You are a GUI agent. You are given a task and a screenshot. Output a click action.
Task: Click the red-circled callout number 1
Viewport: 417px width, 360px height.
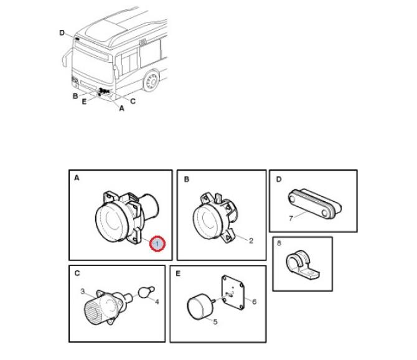tap(157, 244)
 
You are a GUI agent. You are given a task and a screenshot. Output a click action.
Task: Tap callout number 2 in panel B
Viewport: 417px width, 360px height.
tap(251, 241)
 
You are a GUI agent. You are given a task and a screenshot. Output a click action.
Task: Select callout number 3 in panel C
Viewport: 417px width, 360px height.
tap(83, 291)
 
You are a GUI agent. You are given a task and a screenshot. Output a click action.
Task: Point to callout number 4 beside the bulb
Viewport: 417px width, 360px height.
tap(157, 301)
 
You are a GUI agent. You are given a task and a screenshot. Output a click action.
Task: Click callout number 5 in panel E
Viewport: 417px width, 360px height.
tap(215, 321)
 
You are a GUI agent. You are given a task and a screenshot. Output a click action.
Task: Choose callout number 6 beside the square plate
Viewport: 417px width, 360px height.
tap(254, 301)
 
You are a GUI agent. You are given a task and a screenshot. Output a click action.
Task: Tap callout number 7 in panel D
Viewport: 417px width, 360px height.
tap(291, 219)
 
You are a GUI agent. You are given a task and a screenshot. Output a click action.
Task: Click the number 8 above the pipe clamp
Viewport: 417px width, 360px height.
tap(279, 243)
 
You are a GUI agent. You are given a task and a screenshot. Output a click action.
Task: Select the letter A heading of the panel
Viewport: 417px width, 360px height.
tap(77, 178)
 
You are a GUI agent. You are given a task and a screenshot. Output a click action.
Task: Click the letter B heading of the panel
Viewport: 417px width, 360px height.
tap(187, 179)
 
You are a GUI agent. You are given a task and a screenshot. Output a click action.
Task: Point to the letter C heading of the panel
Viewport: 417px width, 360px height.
tap(77, 273)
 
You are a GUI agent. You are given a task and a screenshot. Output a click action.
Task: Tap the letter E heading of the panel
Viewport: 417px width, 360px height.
tap(178, 273)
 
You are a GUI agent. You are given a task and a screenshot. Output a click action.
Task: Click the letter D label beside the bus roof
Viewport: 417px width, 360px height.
tap(62, 33)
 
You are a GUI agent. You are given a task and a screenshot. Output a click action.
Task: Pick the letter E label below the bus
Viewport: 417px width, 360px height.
tap(84, 102)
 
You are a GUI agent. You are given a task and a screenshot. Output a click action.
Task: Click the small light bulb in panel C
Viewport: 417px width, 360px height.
tap(146, 291)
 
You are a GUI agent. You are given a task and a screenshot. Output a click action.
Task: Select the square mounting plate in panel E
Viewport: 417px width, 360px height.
tap(233, 293)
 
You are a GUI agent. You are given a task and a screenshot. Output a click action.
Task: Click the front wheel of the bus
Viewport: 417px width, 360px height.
tap(152, 80)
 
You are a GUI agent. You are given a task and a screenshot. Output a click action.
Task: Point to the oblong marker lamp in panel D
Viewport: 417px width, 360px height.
tap(314, 204)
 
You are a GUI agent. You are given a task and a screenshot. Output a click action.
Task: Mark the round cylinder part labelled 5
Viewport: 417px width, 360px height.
tap(201, 306)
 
